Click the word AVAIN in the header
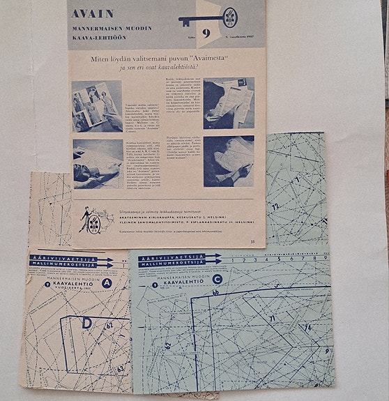pos(93,13)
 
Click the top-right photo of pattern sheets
pos(229,103)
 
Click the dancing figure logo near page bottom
pos(90,220)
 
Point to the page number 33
pos(252,241)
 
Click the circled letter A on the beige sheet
pos(106,284)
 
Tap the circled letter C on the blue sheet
pos(218,280)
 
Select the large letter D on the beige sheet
pos(86,324)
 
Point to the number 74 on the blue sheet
pos(307,327)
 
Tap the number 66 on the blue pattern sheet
pos(215,293)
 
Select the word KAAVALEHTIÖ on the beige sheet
pos(68,285)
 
